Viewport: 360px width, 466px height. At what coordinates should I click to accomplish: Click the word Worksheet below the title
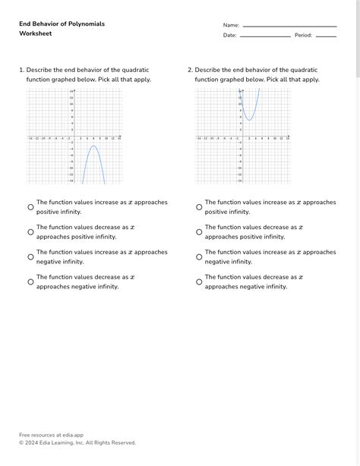tap(36, 34)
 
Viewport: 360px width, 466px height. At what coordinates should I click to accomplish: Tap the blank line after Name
tap(289, 27)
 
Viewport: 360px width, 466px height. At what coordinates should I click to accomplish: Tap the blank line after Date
tap(264, 36)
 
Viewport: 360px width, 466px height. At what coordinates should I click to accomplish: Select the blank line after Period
tap(326, 36)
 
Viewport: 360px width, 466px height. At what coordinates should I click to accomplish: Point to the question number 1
tap(21, 70)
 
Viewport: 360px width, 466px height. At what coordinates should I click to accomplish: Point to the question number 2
tap(190, 70)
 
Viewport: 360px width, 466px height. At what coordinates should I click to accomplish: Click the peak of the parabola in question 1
tap(94, 146)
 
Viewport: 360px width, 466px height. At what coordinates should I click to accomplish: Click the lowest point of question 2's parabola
tap(250, 119)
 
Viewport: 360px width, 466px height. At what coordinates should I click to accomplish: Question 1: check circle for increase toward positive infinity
tap(31, 207)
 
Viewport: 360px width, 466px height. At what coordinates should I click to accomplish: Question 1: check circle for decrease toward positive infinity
tap(31, 232)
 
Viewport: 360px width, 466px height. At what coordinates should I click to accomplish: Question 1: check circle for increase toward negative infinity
tap(31, 257)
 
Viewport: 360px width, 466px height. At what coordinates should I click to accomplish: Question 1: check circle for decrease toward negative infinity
tap(31, 282)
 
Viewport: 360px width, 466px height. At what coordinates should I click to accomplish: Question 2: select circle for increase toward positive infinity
tap(199, 207)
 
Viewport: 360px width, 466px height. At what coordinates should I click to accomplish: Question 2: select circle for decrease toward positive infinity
tap(199, 232)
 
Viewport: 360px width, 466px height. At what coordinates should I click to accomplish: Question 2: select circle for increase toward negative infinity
tap(199, 257)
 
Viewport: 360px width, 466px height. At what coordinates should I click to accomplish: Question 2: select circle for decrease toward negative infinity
tap(199, 282)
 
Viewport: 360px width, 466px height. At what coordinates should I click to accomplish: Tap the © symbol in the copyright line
tap(22, 442)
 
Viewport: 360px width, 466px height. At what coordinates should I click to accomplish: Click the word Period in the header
tap(303, 36)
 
